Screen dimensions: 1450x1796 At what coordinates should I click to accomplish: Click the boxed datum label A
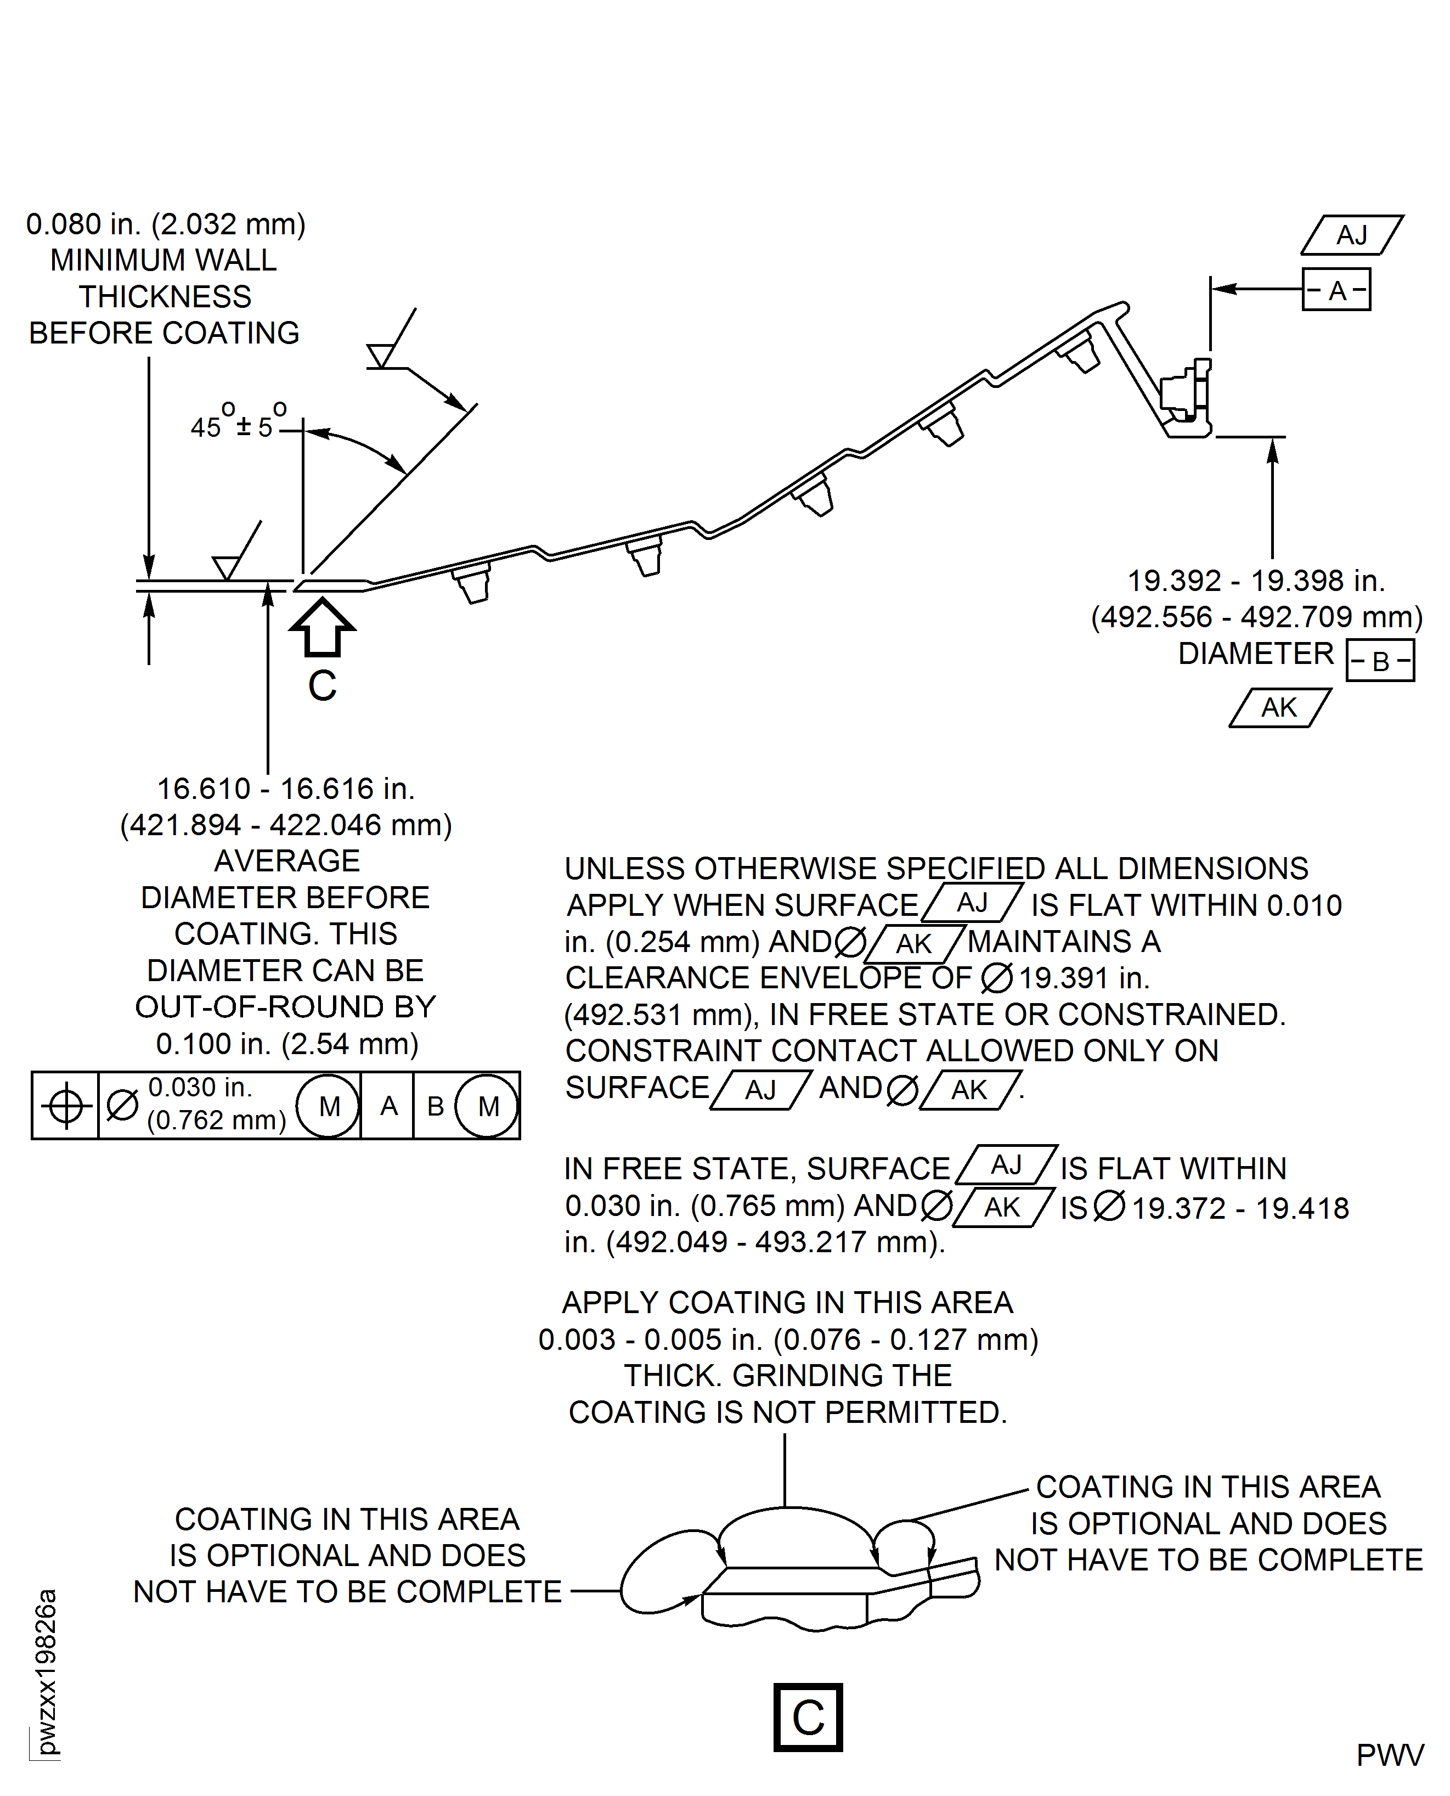[1336, 290]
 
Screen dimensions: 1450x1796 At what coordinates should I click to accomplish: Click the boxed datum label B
[1381, 661]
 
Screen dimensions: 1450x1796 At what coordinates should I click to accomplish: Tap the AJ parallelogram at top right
[1351, 235]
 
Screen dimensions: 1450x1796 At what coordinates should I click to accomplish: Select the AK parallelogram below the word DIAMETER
[1279, 707]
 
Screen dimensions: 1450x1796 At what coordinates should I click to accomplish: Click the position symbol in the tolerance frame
[66, 1107]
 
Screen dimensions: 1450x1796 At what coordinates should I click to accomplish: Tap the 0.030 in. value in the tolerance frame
[200, 1088]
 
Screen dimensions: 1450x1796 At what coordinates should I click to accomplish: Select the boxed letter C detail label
[808, 1718]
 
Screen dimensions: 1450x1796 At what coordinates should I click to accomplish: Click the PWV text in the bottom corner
[1390, 1755]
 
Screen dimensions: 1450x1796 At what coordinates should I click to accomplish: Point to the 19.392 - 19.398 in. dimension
[1256, 581]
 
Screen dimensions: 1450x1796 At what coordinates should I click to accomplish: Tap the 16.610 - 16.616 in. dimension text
[286, 789]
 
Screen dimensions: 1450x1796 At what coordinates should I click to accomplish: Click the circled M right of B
[488, 1106]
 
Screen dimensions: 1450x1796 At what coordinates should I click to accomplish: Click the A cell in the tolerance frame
[388, 1106]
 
